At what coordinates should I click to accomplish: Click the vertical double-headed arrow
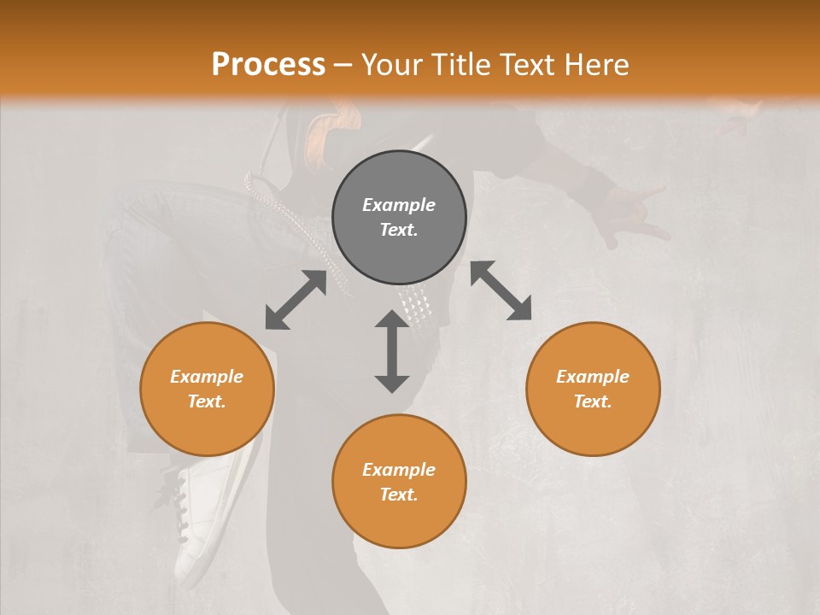(392, 351)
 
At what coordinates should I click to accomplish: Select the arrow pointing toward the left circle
(296, 300)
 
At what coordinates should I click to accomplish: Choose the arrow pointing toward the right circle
(501, 290)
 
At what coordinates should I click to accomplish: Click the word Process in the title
(268, 65)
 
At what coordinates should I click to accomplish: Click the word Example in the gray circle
(399, 205)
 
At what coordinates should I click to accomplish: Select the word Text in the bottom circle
(397, 495)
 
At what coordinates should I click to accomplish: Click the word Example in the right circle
(593, 377)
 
